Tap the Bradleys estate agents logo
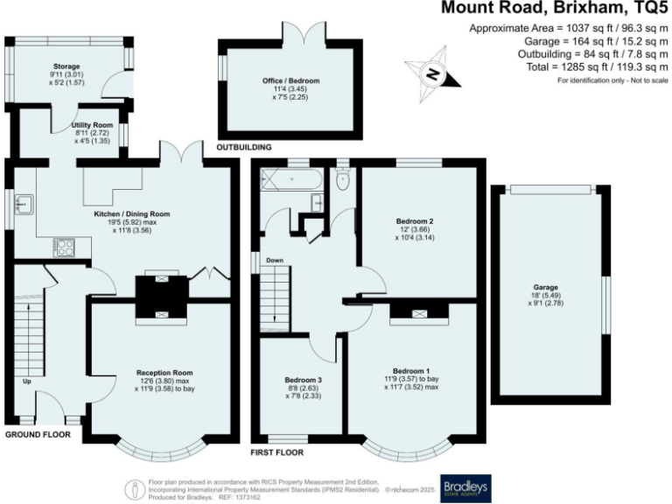tap(465, 487)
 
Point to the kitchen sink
tap(24, 206)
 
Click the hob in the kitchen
tap(64, 246)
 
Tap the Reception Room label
tap(164, 371)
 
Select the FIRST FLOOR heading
tap(276, 453)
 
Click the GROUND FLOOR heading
tap(38, 434)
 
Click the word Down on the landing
tap(274, 260)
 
